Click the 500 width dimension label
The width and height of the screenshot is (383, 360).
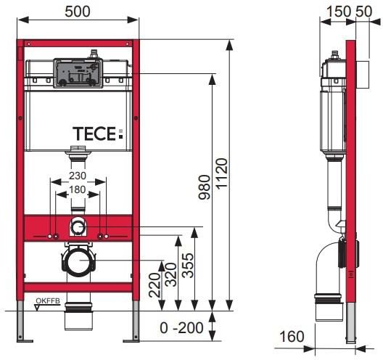78,12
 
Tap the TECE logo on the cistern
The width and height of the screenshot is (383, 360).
98,134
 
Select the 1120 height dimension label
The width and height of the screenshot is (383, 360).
222,173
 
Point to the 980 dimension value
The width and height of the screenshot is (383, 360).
205,187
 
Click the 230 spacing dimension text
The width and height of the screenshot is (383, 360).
78,176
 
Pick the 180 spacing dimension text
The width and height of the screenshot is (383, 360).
78,189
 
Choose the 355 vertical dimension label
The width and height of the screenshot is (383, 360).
188,266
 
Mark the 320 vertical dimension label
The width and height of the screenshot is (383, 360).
170,274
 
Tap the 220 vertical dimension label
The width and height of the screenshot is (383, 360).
155,285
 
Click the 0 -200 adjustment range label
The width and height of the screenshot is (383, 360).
181,328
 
